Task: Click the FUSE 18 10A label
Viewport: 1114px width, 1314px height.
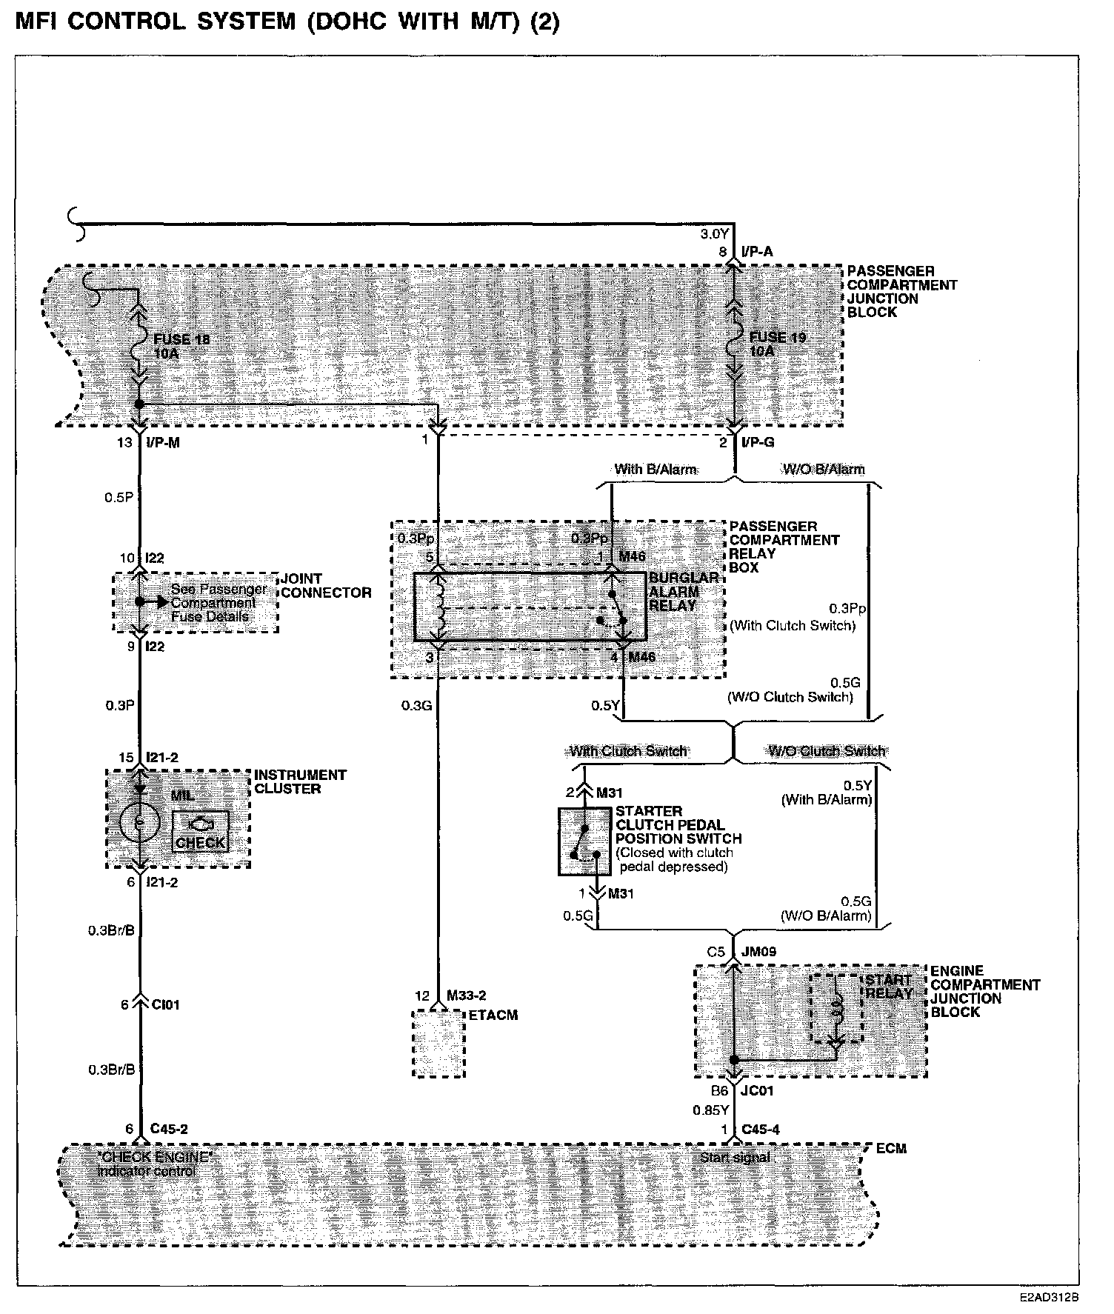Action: click(181, 347)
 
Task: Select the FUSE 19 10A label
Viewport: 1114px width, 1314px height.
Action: click(777, 344)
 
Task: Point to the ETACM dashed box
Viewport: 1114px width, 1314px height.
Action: click(438, 1042)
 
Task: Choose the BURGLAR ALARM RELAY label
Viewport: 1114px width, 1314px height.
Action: click(683, 591)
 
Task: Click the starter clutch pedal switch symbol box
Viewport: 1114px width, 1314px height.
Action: click(585, 841)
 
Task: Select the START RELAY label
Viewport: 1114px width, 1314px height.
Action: click(888, 987)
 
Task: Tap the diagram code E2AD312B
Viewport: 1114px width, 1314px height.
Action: click(1049, 1298)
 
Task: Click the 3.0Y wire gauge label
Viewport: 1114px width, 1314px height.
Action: click(714, 234)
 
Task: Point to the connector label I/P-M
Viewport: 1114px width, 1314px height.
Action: click(164, 442)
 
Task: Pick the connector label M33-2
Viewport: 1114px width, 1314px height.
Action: click(466, 995)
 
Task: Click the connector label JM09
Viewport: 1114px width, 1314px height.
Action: click(759, 951)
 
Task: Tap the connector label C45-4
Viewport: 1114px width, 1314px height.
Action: click(760, 1129)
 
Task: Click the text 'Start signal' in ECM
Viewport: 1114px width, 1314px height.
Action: click(735, 1157)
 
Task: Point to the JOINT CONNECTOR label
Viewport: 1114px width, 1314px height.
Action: click(325, 585)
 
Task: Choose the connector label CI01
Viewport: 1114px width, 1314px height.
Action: click(165, 1004)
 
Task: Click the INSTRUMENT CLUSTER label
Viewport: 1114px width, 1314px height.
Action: click(300, 781)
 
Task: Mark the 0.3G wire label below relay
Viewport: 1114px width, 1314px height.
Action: click(416, 705)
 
